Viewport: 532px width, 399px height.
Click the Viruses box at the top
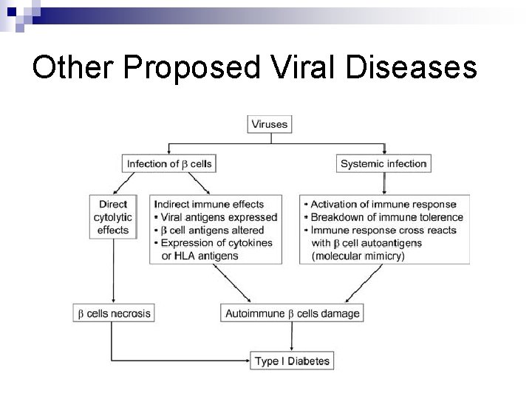pos(270,124)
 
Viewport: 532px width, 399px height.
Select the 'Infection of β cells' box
pos(170,164)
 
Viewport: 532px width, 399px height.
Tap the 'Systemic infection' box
pos(383,164)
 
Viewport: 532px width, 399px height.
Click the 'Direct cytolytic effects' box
pos(112,216)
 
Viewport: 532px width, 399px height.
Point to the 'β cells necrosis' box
pos(115,313)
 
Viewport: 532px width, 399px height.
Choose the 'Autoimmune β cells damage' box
pos(293,313)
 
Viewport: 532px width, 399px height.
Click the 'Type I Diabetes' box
pos(293,361)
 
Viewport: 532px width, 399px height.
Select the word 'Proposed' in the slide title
pos(193,68)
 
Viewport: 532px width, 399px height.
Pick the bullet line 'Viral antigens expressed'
pos(218,217)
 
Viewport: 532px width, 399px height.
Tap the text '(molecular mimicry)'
pos(358,256)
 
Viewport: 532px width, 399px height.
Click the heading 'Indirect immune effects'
pos(210,204)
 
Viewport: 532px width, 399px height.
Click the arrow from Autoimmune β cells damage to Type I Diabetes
pos(293,337)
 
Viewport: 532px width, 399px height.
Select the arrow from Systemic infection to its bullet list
pos(383,183)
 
